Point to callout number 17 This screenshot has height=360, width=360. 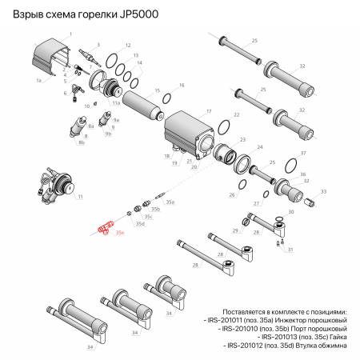208,111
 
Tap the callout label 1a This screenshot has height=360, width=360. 38,81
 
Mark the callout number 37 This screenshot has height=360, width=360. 303,153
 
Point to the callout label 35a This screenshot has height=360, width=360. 170,203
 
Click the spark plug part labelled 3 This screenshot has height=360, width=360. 85,56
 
